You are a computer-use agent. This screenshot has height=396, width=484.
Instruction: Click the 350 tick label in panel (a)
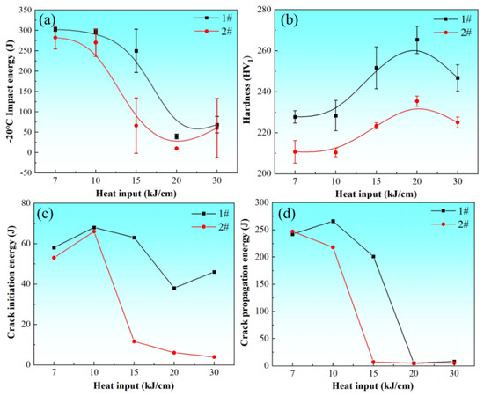point(25,11)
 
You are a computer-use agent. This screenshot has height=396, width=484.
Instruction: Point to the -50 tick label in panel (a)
point(25,172)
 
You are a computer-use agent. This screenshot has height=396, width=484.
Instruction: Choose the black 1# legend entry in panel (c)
point(210,213)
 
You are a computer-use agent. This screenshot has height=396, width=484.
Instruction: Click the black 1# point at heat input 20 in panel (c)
point(174,288)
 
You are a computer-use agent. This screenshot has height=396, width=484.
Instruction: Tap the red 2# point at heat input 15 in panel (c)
point(134,341)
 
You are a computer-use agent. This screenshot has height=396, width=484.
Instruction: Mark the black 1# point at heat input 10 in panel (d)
point(333,221)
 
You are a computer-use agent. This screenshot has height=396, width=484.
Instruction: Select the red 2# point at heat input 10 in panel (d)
point(333,247)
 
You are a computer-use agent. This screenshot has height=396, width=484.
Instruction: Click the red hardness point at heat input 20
point(417,101)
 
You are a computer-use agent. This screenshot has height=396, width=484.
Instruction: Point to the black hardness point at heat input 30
point(458,78)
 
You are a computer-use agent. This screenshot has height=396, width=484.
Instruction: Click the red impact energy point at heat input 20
point(177,148)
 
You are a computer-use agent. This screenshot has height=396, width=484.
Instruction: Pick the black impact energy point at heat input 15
point(136,51)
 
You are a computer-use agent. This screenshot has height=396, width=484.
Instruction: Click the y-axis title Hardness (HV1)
point(247,90)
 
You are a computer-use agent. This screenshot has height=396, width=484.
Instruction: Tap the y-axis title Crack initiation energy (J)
point(11,284)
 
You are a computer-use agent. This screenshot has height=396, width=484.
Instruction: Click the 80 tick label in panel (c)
point(26,203)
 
